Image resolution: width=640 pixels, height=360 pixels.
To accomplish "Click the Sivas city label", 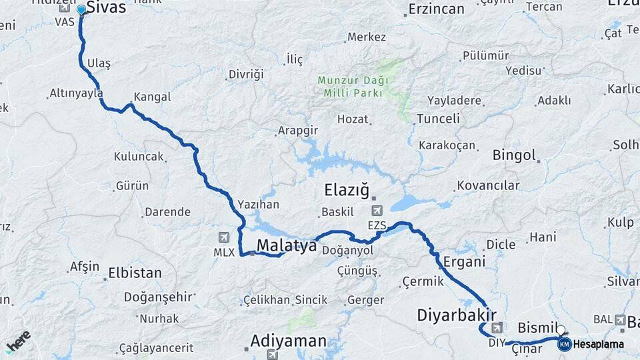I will [x=107, y=8].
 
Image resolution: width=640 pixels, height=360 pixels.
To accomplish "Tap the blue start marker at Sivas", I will [x=81, y=10].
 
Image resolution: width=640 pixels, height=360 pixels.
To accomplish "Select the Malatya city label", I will [x=287, y=245].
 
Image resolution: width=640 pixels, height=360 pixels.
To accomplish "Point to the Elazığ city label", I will [x=346, y=191].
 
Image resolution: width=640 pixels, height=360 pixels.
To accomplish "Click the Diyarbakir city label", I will [x=457, y=315].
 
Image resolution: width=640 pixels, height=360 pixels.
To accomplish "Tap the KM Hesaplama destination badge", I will [x=564, y=344].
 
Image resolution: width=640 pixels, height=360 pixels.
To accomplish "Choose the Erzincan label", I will [x=436, y=9].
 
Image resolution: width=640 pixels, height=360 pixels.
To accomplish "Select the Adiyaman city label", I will [x=289, y=341].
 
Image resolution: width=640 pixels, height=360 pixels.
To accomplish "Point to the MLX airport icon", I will [x=223, y=237].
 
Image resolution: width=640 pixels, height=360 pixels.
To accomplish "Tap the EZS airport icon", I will [x=377, y=211].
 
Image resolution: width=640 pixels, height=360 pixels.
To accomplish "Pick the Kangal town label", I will [x=152, y=97].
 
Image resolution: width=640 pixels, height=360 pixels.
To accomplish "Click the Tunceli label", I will [x=438, y=119].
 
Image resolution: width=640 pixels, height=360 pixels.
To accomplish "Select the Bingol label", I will [x=514, y=155].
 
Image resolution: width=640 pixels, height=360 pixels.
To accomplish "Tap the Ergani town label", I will [x=464, y=261].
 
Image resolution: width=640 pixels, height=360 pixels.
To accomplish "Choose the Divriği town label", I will [x=246, y=74].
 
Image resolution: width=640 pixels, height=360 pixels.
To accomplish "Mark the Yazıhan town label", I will [x=258, y=204].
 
